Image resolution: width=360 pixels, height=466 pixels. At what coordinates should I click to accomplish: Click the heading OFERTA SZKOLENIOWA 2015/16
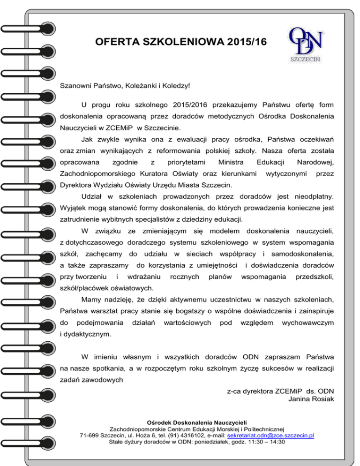(x=180, y=42)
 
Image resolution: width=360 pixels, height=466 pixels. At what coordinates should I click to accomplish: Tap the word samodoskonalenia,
(x=302, y=254)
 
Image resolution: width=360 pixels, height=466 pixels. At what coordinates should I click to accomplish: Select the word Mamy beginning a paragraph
(x=91, y=299)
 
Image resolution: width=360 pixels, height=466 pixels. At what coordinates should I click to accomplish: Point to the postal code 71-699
(x=90, y=435)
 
